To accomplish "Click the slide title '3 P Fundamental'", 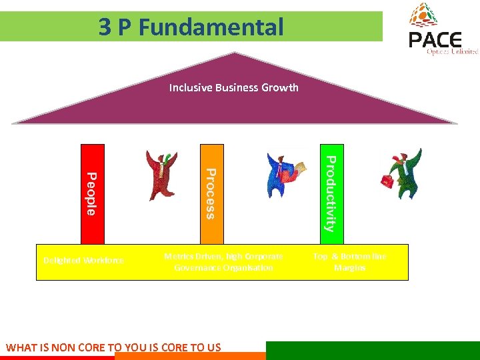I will click(191, 27).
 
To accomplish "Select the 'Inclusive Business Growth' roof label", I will click(233, 87).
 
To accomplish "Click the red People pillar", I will click(93, 193).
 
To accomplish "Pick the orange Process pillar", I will click(211, 193).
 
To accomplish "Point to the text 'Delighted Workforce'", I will click(83, 261).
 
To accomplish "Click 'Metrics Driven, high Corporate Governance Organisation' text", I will click(223, 261).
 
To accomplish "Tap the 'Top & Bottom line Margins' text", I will click(350, 261).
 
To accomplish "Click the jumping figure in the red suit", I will click(162, 173).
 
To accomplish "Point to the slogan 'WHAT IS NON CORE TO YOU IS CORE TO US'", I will click(113, 347).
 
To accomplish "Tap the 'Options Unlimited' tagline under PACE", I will click(453, 51).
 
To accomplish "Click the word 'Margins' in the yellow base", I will click(350, 267).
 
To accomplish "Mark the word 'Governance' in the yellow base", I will click(199, 267).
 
